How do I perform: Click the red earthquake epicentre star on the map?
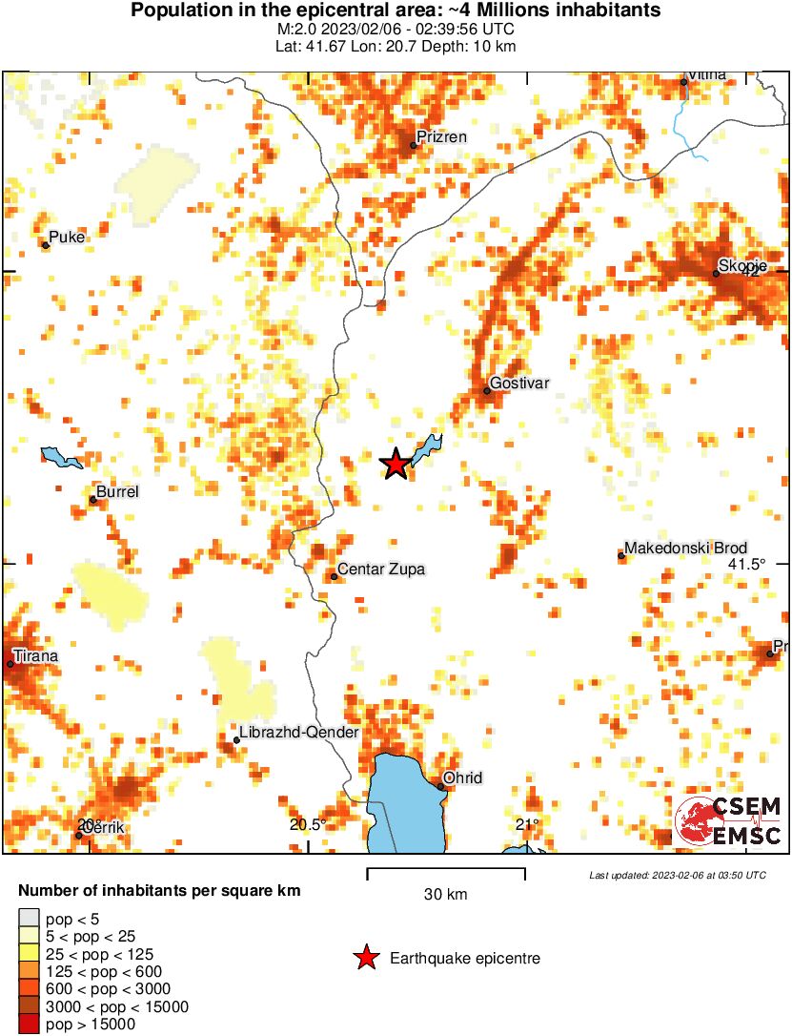coord(395,464)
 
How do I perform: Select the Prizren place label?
coord(443,136)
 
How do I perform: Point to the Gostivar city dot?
coord(486,390)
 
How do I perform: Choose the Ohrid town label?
coord(464,777)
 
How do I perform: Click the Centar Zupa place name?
coord(382,570)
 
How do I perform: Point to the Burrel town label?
coord(118,491)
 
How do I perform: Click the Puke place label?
coord(67,237)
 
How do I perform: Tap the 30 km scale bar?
coord(446,871)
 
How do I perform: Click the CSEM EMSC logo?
coord(728,820)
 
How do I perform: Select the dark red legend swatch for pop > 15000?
coord(29,1025)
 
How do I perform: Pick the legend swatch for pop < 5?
coord(29,920)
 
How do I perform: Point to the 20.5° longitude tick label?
coord(308,824)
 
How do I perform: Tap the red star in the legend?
coord(366,958)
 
